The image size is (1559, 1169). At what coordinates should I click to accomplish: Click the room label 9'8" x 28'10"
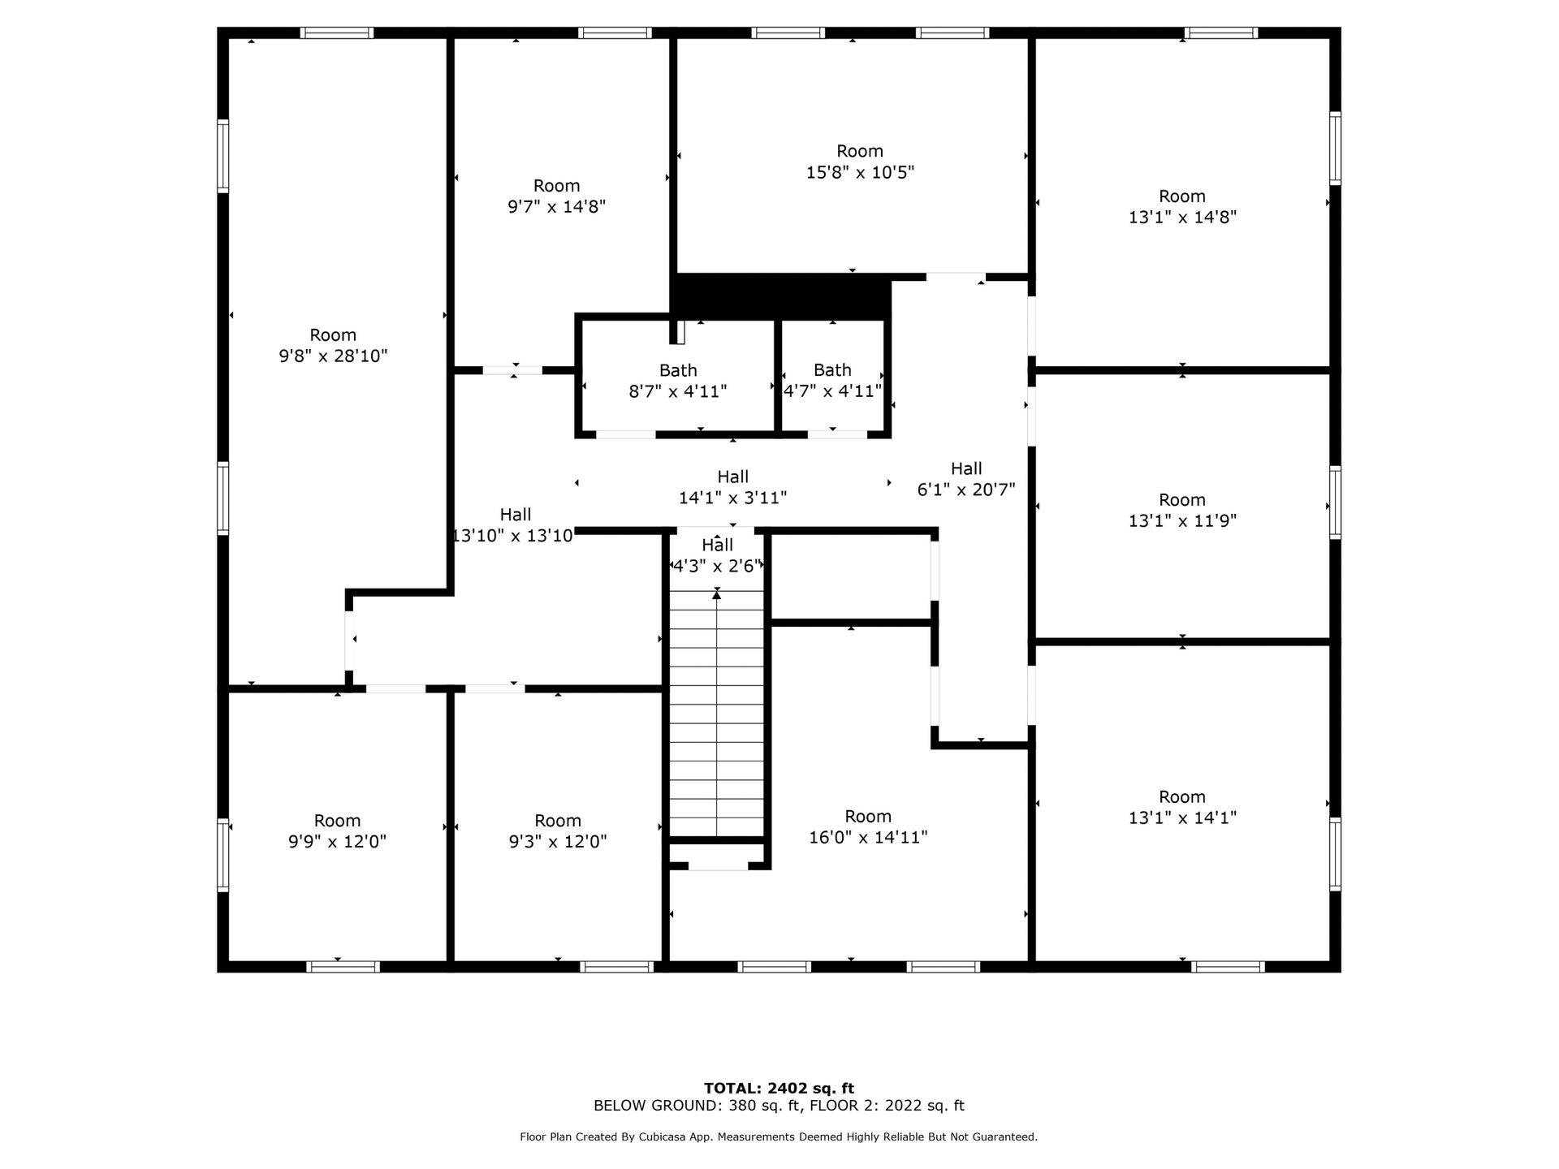pos(333,346)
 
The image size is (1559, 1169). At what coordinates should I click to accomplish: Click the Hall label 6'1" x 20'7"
pos(966,480)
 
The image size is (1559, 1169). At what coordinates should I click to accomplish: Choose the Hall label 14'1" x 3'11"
pos(732,488)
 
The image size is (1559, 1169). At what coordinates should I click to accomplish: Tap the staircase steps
pos(717,714)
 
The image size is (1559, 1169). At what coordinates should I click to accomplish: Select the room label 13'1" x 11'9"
pos(1182,511)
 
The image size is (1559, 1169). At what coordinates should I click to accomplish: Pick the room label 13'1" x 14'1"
pos(1182,808)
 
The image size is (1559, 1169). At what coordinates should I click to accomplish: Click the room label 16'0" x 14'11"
pos(868,827)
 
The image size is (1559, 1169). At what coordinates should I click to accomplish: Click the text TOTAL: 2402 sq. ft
pos(779,1089)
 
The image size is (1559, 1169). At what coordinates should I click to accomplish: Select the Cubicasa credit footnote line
pos(779,1137)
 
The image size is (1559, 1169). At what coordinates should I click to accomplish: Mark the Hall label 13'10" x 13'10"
pos(514,525)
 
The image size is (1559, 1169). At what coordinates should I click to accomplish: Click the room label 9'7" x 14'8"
pos(557,196)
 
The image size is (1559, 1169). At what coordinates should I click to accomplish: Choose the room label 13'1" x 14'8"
pos(1182,207)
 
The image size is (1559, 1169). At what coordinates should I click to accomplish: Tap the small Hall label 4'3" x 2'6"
pos(717,555)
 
